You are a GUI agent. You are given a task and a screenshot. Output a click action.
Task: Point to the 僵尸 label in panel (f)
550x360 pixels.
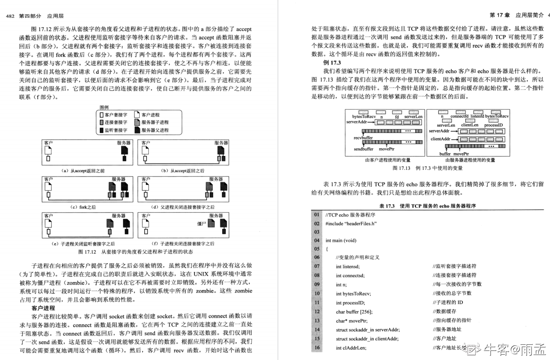click(201, 223)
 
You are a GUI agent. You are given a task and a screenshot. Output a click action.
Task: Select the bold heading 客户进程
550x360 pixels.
click(44, 308)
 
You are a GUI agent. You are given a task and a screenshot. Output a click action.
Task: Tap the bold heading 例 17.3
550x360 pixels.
click(332, 62)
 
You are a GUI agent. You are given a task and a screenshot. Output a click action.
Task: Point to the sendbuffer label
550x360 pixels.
click(363, 148)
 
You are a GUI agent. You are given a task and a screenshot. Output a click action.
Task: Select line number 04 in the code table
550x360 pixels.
click(316, 241)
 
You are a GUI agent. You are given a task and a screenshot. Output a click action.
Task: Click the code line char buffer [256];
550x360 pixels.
click(354, 311)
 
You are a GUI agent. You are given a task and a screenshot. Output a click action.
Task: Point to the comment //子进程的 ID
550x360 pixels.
click(448, 302)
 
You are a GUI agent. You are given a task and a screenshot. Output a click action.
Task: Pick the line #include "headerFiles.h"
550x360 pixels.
click(351, 223)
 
